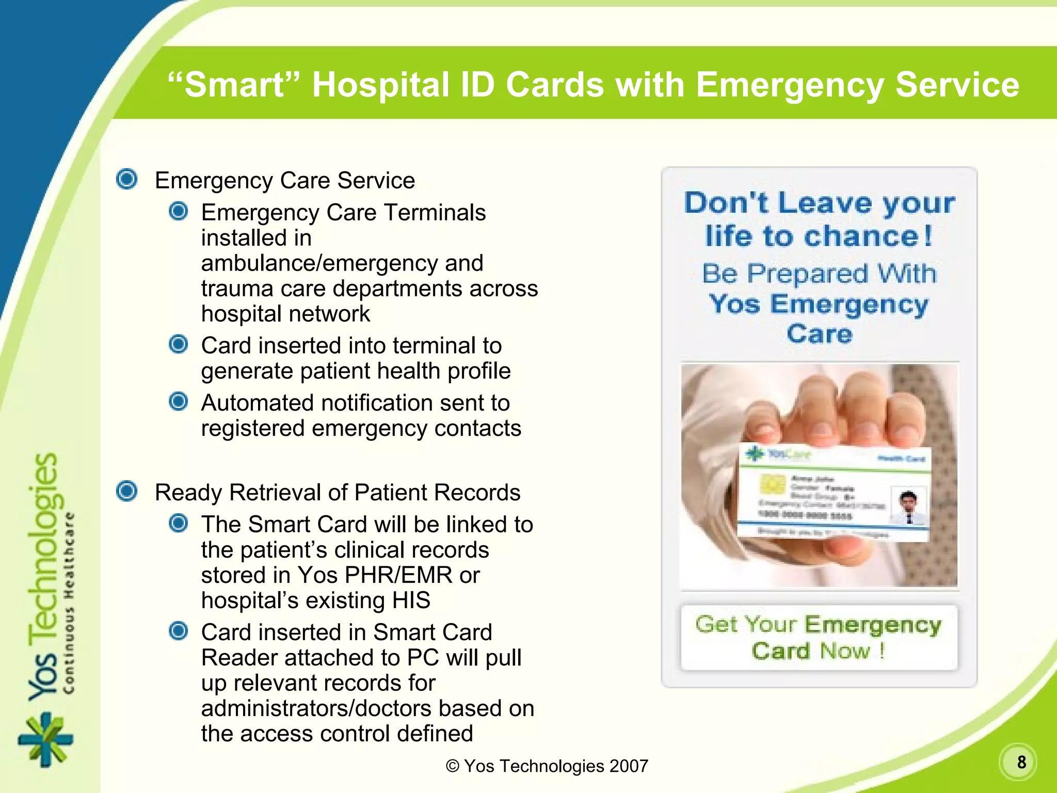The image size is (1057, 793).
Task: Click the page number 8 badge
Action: click(1020, 762)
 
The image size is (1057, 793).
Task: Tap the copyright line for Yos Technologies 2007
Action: click(547, 766)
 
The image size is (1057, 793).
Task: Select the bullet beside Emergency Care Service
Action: click(127, 179)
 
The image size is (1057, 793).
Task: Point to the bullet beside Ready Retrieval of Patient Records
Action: click(127, 491)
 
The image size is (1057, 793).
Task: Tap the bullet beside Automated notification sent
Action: click(179, 402)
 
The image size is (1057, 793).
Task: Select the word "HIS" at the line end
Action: click(411, 600)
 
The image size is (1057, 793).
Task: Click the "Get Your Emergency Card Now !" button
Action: click(819, 638)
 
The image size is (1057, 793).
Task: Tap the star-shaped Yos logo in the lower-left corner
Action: click(45, 739)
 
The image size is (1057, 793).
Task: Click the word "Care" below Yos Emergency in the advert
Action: click(820, 334)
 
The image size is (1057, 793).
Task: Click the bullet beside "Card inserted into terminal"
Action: click(179, 344)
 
